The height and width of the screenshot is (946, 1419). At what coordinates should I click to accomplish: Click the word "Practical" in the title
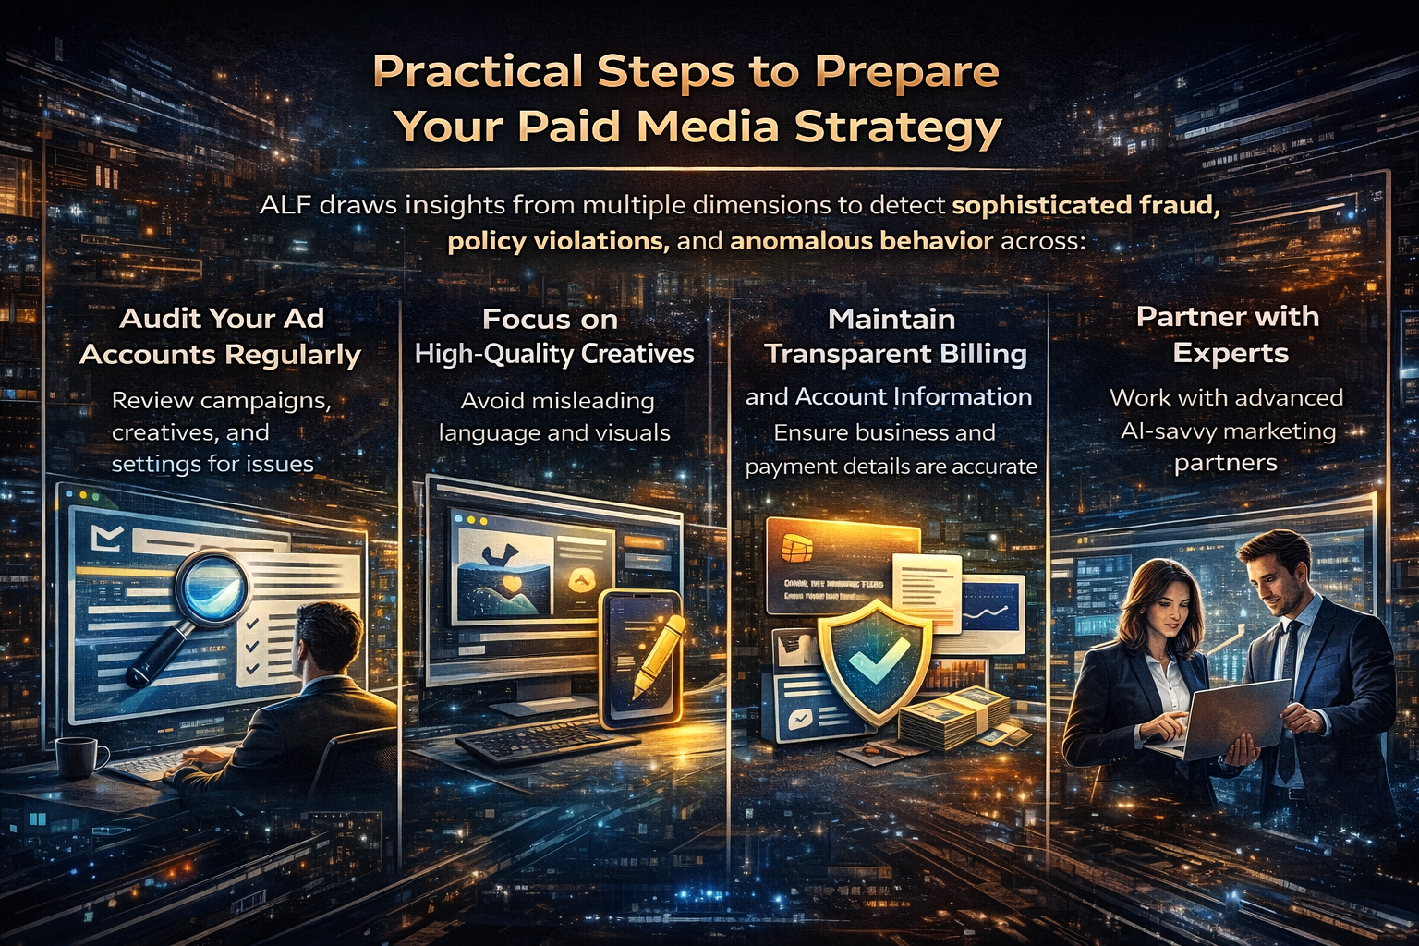click(478, 72)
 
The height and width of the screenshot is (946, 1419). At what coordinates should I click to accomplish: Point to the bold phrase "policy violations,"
click(558, 242)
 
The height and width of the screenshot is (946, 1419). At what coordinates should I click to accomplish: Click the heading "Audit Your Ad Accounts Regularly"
click(221, 336)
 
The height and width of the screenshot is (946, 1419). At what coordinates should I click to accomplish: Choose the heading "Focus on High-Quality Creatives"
click(553, 336)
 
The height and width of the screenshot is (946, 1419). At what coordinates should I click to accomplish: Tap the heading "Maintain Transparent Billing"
click(894, 336)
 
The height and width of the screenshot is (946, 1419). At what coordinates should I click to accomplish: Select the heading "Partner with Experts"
click(1228, 334)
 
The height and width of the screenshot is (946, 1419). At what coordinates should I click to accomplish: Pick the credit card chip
click(794, 549)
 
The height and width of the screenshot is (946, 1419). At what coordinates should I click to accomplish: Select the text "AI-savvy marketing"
click(1228, 431)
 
